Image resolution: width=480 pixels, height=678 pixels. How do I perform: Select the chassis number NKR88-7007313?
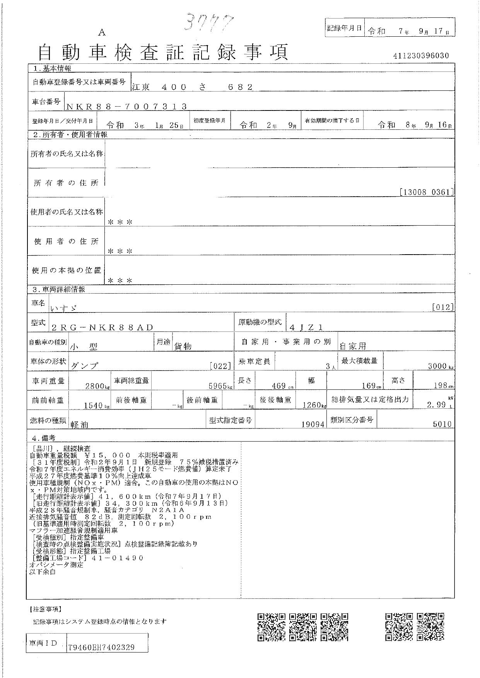[127, 107]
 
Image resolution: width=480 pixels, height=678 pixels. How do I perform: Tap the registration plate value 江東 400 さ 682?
[192, 87]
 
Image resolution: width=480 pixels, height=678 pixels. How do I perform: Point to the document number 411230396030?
[421, 56]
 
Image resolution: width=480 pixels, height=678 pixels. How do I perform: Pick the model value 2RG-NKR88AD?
[102, 328]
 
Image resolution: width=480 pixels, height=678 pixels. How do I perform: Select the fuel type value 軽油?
[80, 424]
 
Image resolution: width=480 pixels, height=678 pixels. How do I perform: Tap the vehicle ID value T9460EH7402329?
[101, 647]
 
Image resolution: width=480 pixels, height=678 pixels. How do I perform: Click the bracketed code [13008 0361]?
[426, 192]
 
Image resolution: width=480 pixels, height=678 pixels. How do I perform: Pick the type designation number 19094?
[313, 424]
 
